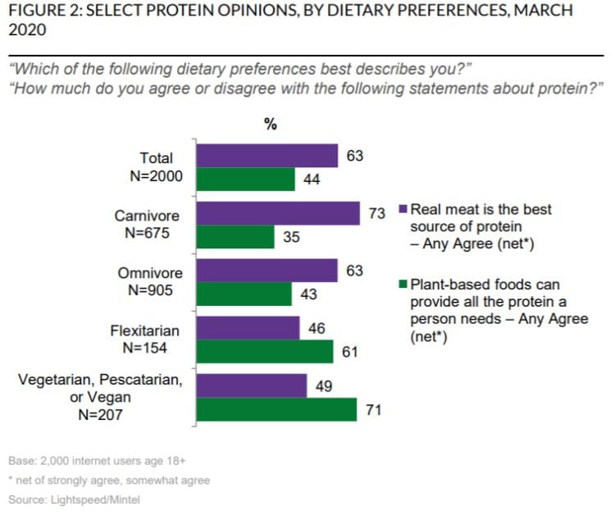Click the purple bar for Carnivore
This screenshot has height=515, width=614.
coord(278,213)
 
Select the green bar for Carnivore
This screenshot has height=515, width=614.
coord(235,237)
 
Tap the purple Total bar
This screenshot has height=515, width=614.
coord(267,156)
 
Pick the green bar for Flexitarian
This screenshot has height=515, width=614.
coord(265,351)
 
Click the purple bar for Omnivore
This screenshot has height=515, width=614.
coord(267,271)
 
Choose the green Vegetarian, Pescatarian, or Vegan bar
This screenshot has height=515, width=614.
coord(276,409)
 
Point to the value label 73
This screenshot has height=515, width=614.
coord(377,213)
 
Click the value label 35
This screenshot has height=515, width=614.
coord(291,237)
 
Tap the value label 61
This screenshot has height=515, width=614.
coord(350,352)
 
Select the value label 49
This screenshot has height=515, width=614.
coord(324,386)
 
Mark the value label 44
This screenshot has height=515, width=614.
coord(312,180)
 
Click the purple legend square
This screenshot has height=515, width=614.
coord(403,208)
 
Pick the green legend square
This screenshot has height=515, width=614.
coord(403,284)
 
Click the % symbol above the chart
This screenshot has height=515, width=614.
coord(271,125)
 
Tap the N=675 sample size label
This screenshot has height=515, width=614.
coord(148,233)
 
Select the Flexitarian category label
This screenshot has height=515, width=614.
coord(145,331)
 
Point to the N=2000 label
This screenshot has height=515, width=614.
coord(157,176)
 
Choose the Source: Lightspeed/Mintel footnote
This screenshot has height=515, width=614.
coord(74,499)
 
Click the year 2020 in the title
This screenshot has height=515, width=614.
coord(27,30)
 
